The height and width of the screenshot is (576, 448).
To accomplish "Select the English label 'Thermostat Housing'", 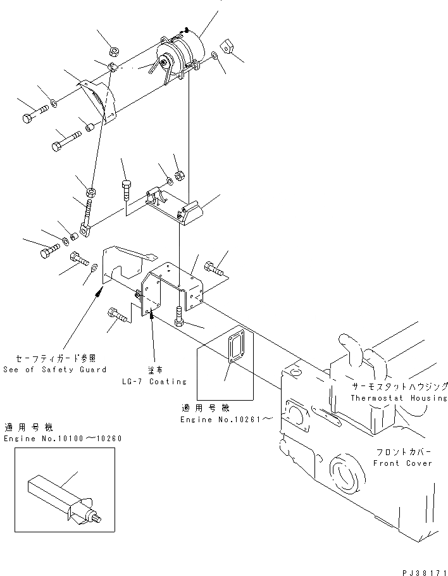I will (x=399, y=398).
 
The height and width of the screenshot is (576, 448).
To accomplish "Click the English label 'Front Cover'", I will (x=402, y=463).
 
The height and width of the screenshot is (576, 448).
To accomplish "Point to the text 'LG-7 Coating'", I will (x=156, y=381).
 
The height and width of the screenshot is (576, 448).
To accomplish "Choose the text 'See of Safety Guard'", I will (x=54, y=370).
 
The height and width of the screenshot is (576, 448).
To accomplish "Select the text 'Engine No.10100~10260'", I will (x=63, y=439).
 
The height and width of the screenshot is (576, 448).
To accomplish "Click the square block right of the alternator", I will (x=228, y=47).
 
